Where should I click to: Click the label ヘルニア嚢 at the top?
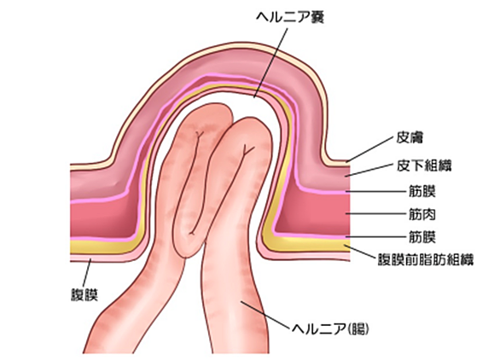[289, 18]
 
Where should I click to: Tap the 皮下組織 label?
[424, 165]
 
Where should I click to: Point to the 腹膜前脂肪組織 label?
[426, 259]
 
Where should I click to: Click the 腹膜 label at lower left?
[84, 294]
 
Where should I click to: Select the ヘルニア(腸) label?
[330, 328]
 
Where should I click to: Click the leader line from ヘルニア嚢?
[270, 63]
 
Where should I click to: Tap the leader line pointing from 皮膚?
[370, 149]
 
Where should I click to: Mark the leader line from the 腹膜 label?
[87, 273]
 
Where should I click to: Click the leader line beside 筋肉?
[376, 213]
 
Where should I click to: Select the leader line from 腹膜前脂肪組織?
[359, 252]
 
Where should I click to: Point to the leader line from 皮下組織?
[370, 171]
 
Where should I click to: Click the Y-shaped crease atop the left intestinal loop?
[200, 135]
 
